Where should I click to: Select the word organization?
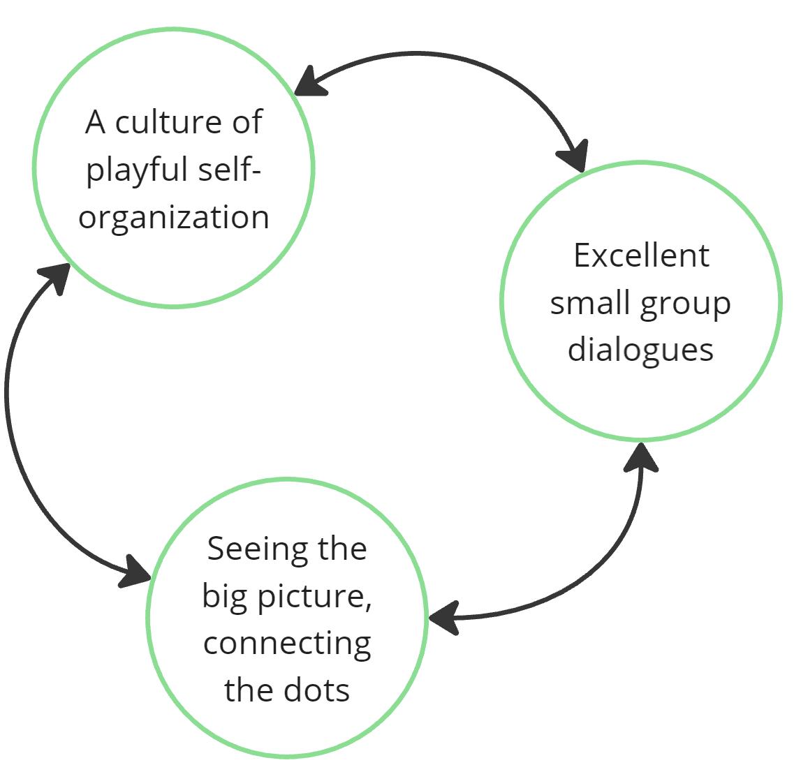[x=174, y=217]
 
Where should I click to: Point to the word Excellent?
[x=641, y=255]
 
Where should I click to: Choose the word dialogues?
[x=640, y=349]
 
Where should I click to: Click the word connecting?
[x=287, y=644]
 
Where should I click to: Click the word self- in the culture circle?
[x=230, y=170]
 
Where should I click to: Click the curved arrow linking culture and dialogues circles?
[x=447, y=56]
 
